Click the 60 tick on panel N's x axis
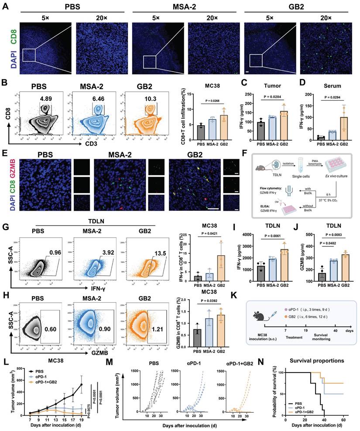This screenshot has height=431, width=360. pos(343,419)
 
